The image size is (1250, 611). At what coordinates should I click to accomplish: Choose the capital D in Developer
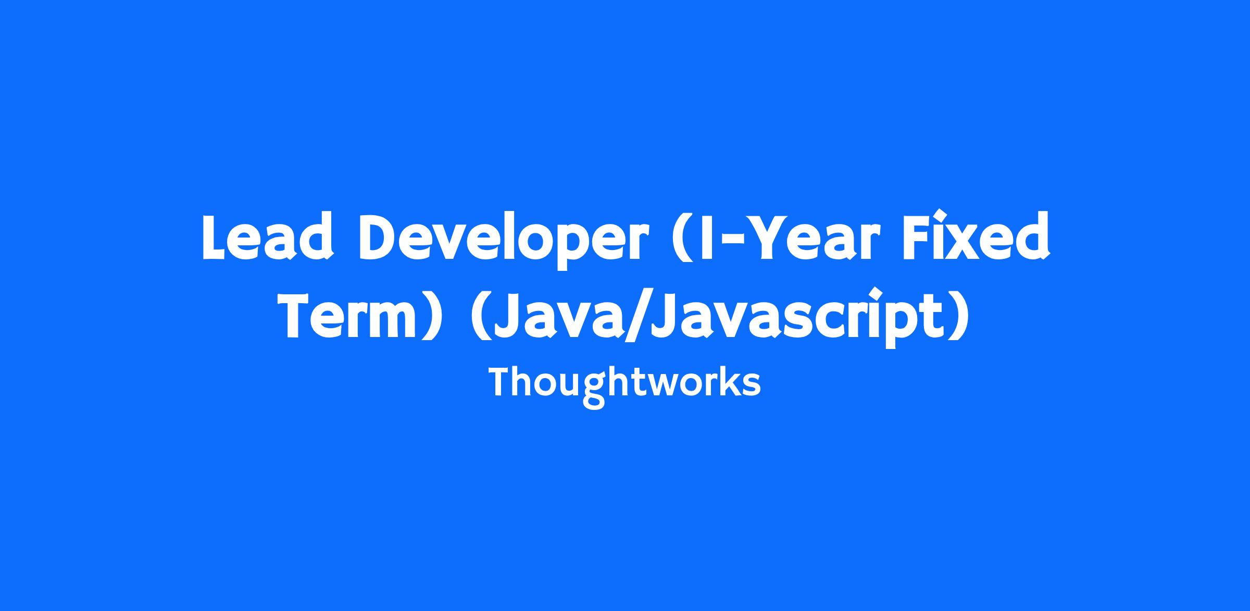tap(380, 237)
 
